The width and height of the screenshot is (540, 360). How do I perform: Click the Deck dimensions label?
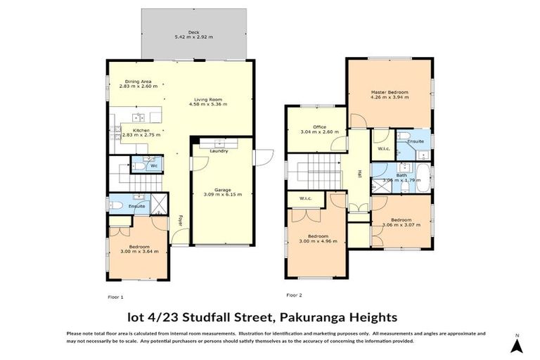193,37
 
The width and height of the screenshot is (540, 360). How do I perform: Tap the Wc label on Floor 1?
153,167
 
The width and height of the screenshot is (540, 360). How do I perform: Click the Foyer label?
181,220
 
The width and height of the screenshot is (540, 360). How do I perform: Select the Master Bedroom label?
390,92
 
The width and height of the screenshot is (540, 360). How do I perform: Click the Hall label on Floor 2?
359,173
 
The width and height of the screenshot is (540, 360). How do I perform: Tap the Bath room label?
401,175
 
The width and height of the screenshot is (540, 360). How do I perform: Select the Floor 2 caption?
294,295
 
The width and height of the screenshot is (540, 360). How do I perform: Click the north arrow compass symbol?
516,345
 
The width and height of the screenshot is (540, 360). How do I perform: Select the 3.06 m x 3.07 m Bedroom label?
401,222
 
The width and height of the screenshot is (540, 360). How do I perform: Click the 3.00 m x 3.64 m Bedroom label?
139,248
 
